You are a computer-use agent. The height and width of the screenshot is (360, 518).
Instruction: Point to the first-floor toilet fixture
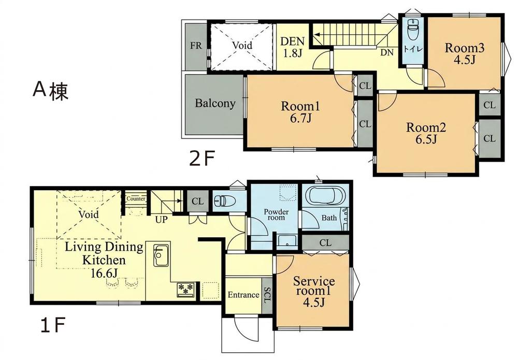point(224,200)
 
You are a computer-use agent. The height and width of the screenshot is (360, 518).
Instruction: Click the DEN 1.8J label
point(292,47)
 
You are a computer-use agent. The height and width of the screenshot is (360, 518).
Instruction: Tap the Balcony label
point(215,104)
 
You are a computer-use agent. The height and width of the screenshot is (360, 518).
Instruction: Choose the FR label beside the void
point(196,46)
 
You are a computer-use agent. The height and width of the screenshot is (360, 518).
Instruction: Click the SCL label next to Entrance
point(267,295)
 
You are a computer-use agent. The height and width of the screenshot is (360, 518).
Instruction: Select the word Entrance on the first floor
point(243,295)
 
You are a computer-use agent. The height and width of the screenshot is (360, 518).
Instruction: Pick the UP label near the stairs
point(162,219)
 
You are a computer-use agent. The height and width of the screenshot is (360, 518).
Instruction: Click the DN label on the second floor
point(387,52)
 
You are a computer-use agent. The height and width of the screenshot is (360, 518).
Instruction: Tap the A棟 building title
point(51,90)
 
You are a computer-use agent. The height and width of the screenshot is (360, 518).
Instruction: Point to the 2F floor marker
point(202,159)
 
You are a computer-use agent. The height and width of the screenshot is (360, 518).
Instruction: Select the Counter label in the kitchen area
point(136,199)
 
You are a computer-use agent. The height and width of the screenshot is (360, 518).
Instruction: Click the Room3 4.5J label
point(465,54)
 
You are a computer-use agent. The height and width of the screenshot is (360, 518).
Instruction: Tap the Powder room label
point(276,214)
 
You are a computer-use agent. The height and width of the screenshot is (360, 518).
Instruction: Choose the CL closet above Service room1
point(325,243)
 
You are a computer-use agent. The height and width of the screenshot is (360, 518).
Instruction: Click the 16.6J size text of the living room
point(105,273)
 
